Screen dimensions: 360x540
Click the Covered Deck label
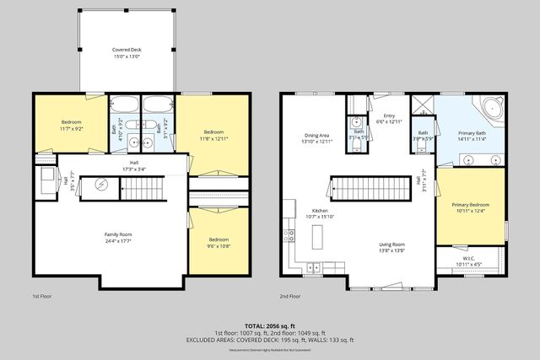click(127, 50)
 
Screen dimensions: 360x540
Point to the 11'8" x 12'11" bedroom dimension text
click(213, 138)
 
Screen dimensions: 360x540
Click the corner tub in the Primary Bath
click(491, 108)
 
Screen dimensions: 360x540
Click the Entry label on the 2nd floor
click(389, 116)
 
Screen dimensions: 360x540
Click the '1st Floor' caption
click(43, 297)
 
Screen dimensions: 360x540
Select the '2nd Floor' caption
click(290, 297)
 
